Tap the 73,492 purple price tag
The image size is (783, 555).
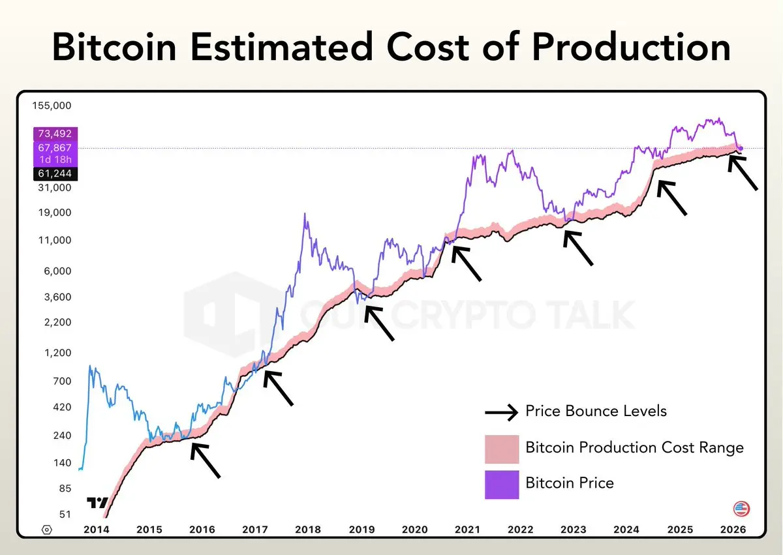(55, 133)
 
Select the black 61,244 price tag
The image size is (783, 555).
(55, 173)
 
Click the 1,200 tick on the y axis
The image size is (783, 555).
(58, 353)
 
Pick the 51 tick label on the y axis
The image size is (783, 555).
(65, 514)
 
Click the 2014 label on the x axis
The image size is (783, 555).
(97, 530)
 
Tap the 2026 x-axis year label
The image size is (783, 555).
(731, 530)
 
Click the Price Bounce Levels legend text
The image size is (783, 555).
(596, 411)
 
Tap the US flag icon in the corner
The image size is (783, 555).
(741, 509)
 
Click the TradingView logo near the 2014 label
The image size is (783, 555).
(97, 503)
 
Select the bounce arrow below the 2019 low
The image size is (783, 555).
(379, 323)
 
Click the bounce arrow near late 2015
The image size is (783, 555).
(206, 460)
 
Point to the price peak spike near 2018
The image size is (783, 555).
(305, 215)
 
